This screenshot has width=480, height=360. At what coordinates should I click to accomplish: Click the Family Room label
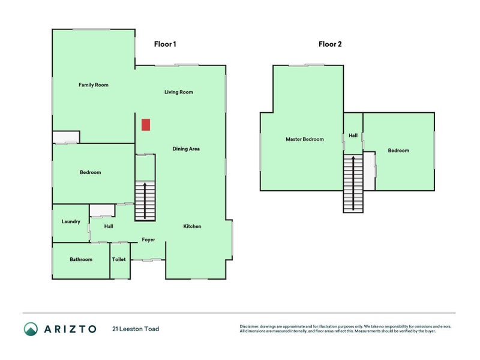pyautogui.click(x=94, y=85)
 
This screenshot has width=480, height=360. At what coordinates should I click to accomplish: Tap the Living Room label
pyautogui.click(x=179, y=92)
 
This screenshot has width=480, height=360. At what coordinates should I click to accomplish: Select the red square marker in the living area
pyautogui.click(x=145, y=125)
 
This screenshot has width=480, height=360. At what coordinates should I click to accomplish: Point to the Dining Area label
pyautogui.click(x=186, y=149)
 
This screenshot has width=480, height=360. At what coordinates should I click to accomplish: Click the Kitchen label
pyautogui.click(x=192, y=226)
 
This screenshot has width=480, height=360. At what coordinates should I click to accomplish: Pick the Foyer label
pyautogui.click(x=148, y=240)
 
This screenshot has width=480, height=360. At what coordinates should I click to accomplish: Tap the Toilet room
pyautogui.click(x=119, y=260)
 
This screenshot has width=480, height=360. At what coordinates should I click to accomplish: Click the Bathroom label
pyautogui.click(x=81, y=260)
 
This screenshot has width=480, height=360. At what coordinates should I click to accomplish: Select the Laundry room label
pyautogui.click(x=71, y=222)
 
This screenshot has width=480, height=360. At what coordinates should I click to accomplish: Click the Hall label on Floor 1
pyautogui.click(x=109, y=226)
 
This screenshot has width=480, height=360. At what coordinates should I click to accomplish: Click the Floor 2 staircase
pyautogui.click(x=353, y=182)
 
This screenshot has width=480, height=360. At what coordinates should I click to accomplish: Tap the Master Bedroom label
pyautogui.click(x=304, y=139)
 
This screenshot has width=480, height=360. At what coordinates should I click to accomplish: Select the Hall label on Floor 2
pyautogui.click(x=353, y=136)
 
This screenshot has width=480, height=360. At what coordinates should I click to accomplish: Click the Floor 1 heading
pyautogui.click(x=165, y=44)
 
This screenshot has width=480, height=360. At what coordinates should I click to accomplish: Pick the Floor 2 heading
pyautogui.click(x=330, y=44)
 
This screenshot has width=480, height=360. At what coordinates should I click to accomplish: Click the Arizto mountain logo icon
pyautogui.click(x=31, y=329)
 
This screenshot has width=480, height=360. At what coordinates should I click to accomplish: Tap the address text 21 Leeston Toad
pyautogui.click(x=136, y=329)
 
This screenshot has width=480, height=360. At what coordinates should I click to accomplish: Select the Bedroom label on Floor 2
pyautogui.click(x=398, y=151)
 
